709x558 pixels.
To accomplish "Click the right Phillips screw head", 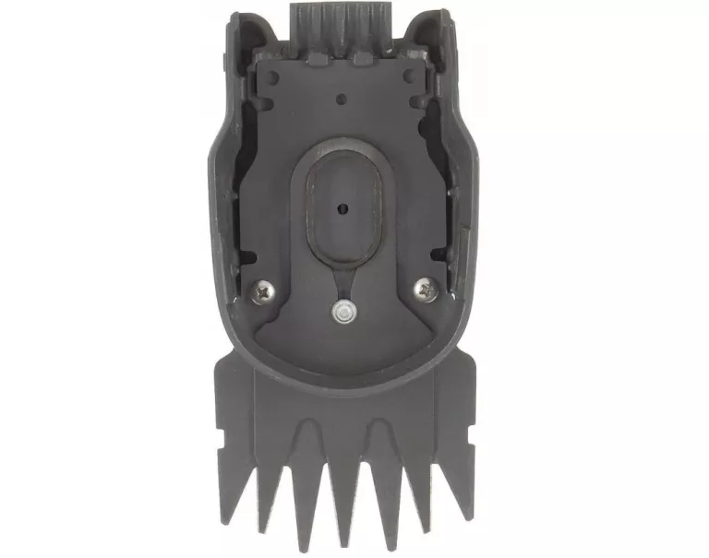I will click(427, 289).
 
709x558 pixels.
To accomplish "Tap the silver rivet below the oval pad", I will click(343, 314).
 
